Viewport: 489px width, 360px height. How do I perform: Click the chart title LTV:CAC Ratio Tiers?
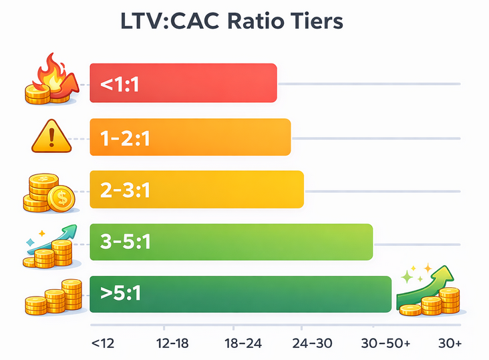231,21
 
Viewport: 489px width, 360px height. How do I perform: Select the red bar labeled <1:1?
183,83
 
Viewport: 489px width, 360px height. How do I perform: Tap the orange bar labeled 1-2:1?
190,138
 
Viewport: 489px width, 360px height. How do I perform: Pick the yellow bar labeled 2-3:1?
197,190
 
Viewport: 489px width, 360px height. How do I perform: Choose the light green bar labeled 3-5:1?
231,241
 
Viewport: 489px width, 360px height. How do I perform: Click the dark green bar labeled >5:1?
240,294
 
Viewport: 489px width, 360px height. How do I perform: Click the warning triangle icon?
51,138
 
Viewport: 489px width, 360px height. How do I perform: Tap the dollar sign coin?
61,198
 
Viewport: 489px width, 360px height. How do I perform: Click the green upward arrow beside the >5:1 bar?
437,281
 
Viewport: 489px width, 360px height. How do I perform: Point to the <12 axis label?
102,343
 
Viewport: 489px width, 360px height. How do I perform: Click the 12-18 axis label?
172,343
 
